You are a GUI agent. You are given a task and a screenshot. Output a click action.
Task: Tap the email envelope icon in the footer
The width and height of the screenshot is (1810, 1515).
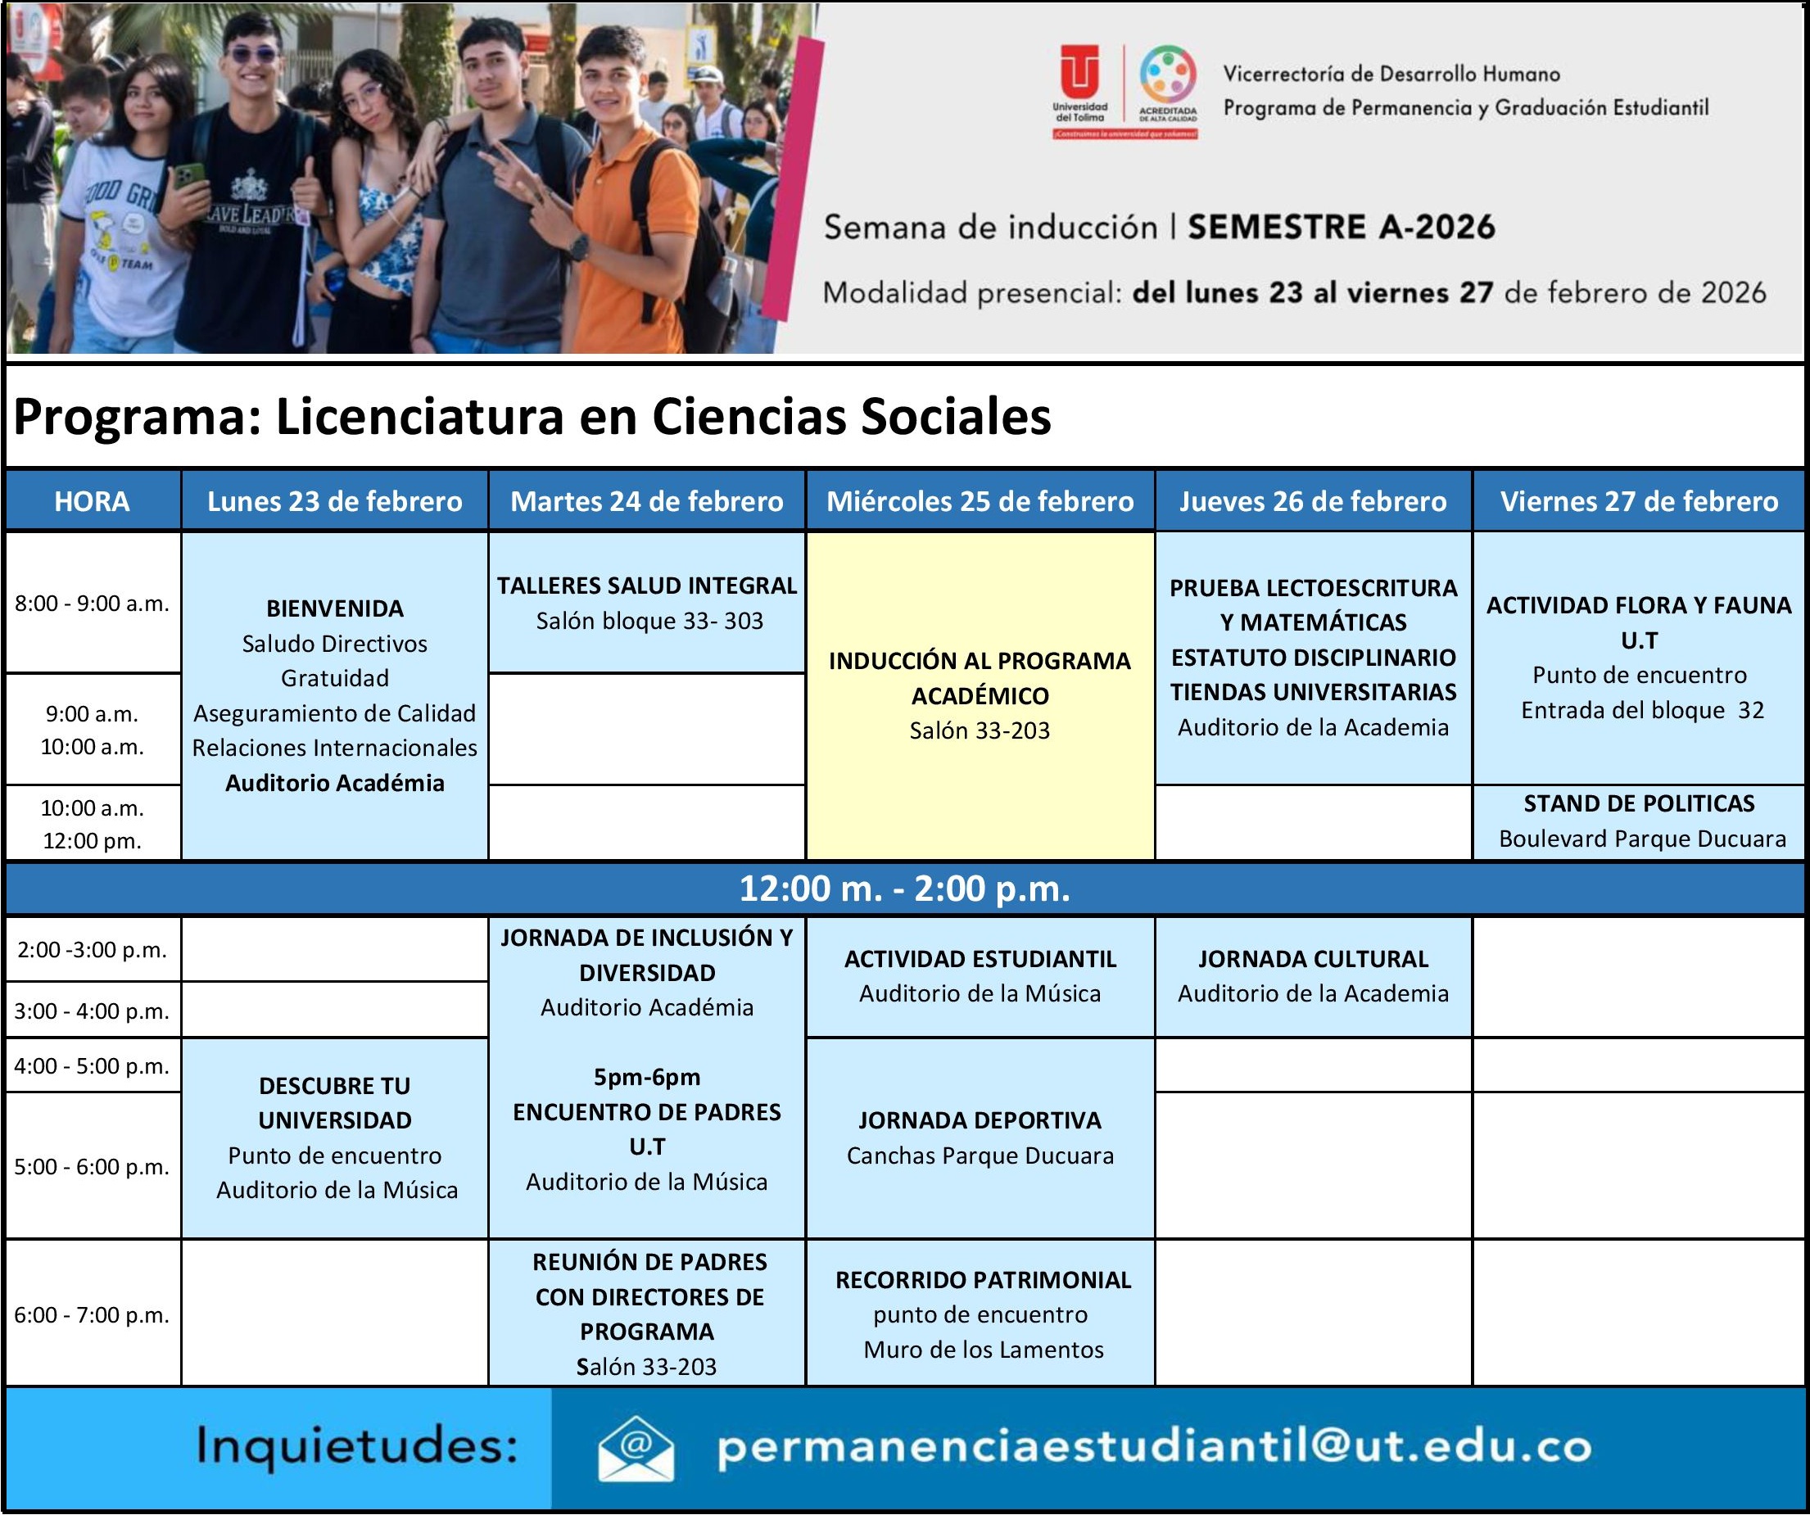[x=636, y=1449]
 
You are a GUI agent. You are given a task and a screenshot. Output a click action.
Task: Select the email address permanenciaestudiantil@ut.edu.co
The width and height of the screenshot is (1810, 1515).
[x=1154, y=1447]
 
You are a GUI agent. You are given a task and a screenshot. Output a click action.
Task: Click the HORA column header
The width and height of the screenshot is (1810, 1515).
[x=93, y=500]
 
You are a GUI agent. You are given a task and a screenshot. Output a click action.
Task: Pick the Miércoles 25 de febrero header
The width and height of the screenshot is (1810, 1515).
[x=980, y=500]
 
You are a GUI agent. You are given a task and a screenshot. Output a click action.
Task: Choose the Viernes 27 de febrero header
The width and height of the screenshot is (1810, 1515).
[x=1639, y=500]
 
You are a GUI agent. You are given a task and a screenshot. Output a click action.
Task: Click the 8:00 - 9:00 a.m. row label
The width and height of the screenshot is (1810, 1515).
[x=93, y=604]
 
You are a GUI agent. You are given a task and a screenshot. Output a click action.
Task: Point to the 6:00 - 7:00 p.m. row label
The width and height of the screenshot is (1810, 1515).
[x=93, y=1314]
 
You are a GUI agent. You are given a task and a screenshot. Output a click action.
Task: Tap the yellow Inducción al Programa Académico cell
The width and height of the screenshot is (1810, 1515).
[x=980, y=694]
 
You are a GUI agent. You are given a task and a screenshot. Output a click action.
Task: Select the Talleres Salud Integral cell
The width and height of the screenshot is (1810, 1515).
[x=647, y=603]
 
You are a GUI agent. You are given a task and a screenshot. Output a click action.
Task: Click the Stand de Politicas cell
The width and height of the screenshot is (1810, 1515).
[x=1639, y=821]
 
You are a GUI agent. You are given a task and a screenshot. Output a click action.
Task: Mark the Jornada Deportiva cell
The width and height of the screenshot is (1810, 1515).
[x=980, y=1137]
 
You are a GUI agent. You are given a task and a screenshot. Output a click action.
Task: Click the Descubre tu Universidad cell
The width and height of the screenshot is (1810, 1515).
[x=335, y=1137]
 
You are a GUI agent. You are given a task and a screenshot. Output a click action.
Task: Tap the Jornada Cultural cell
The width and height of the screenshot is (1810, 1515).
[x=1313, y=975]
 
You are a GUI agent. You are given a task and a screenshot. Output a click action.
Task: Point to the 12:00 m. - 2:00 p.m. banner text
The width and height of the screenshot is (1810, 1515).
[x=905, y=889]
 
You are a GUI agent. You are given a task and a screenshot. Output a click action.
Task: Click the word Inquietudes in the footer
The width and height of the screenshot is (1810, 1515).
[x=357, y=1445]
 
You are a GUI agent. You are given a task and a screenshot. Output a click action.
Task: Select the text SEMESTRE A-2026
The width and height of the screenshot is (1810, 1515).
[x=1342, y=227]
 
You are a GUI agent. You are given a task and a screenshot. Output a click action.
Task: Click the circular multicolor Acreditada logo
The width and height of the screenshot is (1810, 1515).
[x=1168, y=75]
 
